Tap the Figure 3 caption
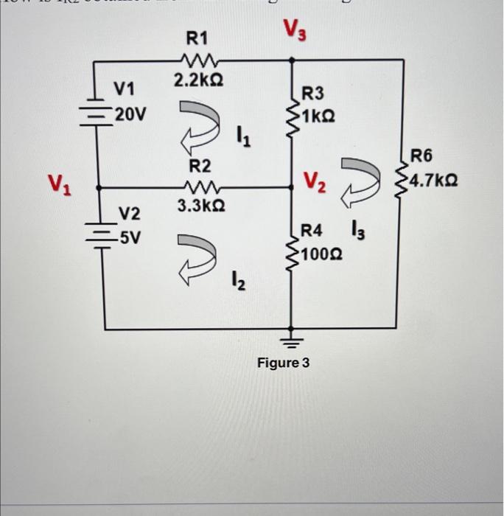(x=283, y=363)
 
